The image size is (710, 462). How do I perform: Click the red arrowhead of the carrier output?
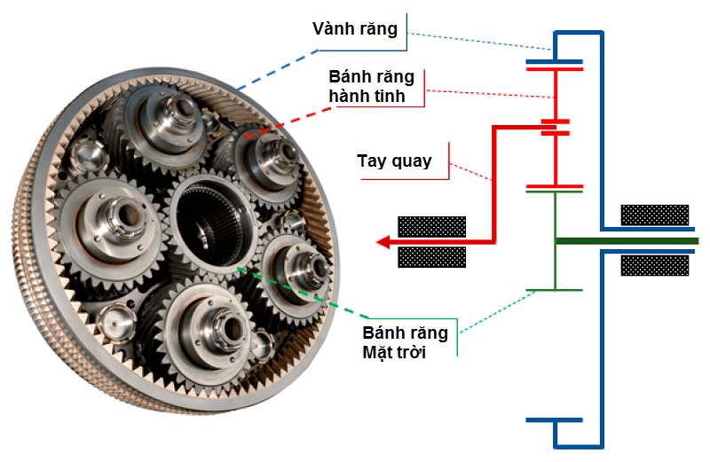pyautogui.click(x=383, y=240)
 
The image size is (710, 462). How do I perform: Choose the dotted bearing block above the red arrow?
pyautogui.click(x=431, y=225)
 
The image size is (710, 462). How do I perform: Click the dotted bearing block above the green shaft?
pyautogui.click(x=655, y=215)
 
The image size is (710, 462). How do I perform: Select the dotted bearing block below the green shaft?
pyautogui.click(x=655, y=264)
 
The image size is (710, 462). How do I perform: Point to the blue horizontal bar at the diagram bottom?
pyautogui.click(x=554, y=419)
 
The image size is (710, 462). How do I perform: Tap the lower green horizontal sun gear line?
pyautogui.click(x=554, y=290)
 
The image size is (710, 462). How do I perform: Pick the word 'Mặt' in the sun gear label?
pyautogui.click(x=379, y=353)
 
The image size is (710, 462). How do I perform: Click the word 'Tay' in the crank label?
pyautogui.click(x=372, y=161)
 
